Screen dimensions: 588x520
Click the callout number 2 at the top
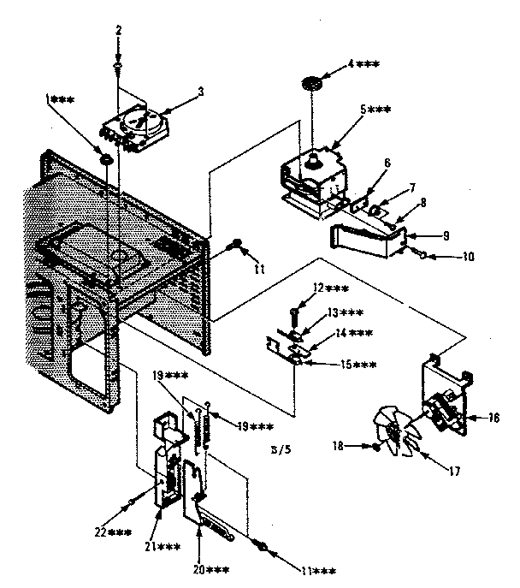click(119, 31)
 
